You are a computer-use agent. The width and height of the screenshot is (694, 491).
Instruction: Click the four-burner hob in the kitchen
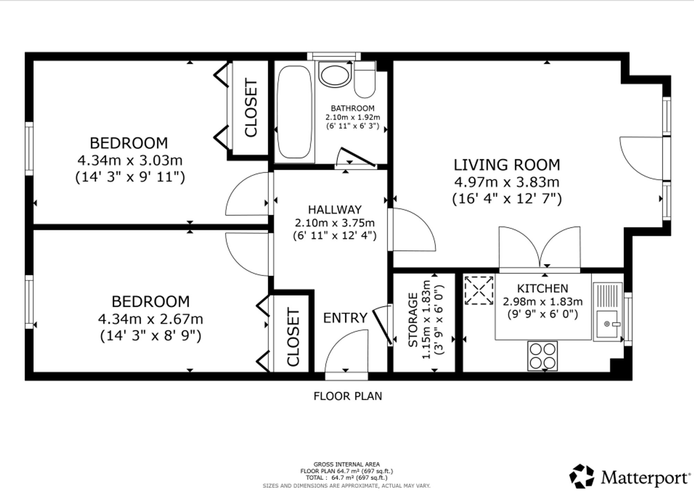[x=542, y=356]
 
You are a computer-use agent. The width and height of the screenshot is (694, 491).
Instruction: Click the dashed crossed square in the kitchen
[x=479, y=290]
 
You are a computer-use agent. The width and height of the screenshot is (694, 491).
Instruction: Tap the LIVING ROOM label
[x=507, y=165]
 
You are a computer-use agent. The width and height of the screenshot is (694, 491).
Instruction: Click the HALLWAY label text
[x=335, y=209]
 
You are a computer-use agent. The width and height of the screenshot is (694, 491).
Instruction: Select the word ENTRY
[x=345, y=318]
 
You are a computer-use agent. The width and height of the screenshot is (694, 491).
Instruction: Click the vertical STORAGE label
[x=413, y=320]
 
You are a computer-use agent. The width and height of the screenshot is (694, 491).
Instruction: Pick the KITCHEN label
[x=543, y=288]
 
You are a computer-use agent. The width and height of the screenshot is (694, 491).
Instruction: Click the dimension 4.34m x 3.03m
[x=130, y=161]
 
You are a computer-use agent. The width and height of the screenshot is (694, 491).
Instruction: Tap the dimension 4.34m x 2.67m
[x=151, y=319]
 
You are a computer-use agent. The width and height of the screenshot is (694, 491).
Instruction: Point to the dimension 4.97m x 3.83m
[x=507, y=182]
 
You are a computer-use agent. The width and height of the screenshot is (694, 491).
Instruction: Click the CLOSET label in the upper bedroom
[x=251, y=108]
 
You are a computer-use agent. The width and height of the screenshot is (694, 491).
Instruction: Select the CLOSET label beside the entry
[x=293, y=337]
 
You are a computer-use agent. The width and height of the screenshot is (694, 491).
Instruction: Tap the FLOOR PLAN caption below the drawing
[x=348, y=396]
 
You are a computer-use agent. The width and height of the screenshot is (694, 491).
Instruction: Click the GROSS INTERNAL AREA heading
[x=347, y=464]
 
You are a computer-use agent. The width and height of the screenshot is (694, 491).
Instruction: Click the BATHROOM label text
[x=353, y=108]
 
